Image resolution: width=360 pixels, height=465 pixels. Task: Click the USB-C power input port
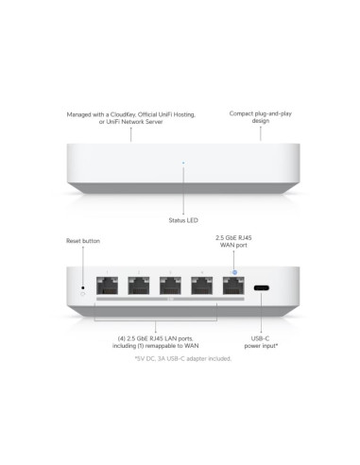(261, 289)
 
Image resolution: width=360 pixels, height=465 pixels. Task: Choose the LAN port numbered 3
(170, 286)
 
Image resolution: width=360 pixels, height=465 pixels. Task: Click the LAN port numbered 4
(199, 286)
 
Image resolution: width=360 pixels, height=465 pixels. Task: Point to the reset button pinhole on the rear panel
(83, 287)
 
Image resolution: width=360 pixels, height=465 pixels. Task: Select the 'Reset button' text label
(83, 241)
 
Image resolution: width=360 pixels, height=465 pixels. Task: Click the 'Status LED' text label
(183, 220)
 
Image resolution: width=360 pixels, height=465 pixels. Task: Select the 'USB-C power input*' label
(265, 342)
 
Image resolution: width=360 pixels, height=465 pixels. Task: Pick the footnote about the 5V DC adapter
(183, 358)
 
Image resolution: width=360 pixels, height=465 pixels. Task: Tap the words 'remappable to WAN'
(190, 346)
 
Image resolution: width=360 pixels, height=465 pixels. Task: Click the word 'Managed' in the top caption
(80, 114)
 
